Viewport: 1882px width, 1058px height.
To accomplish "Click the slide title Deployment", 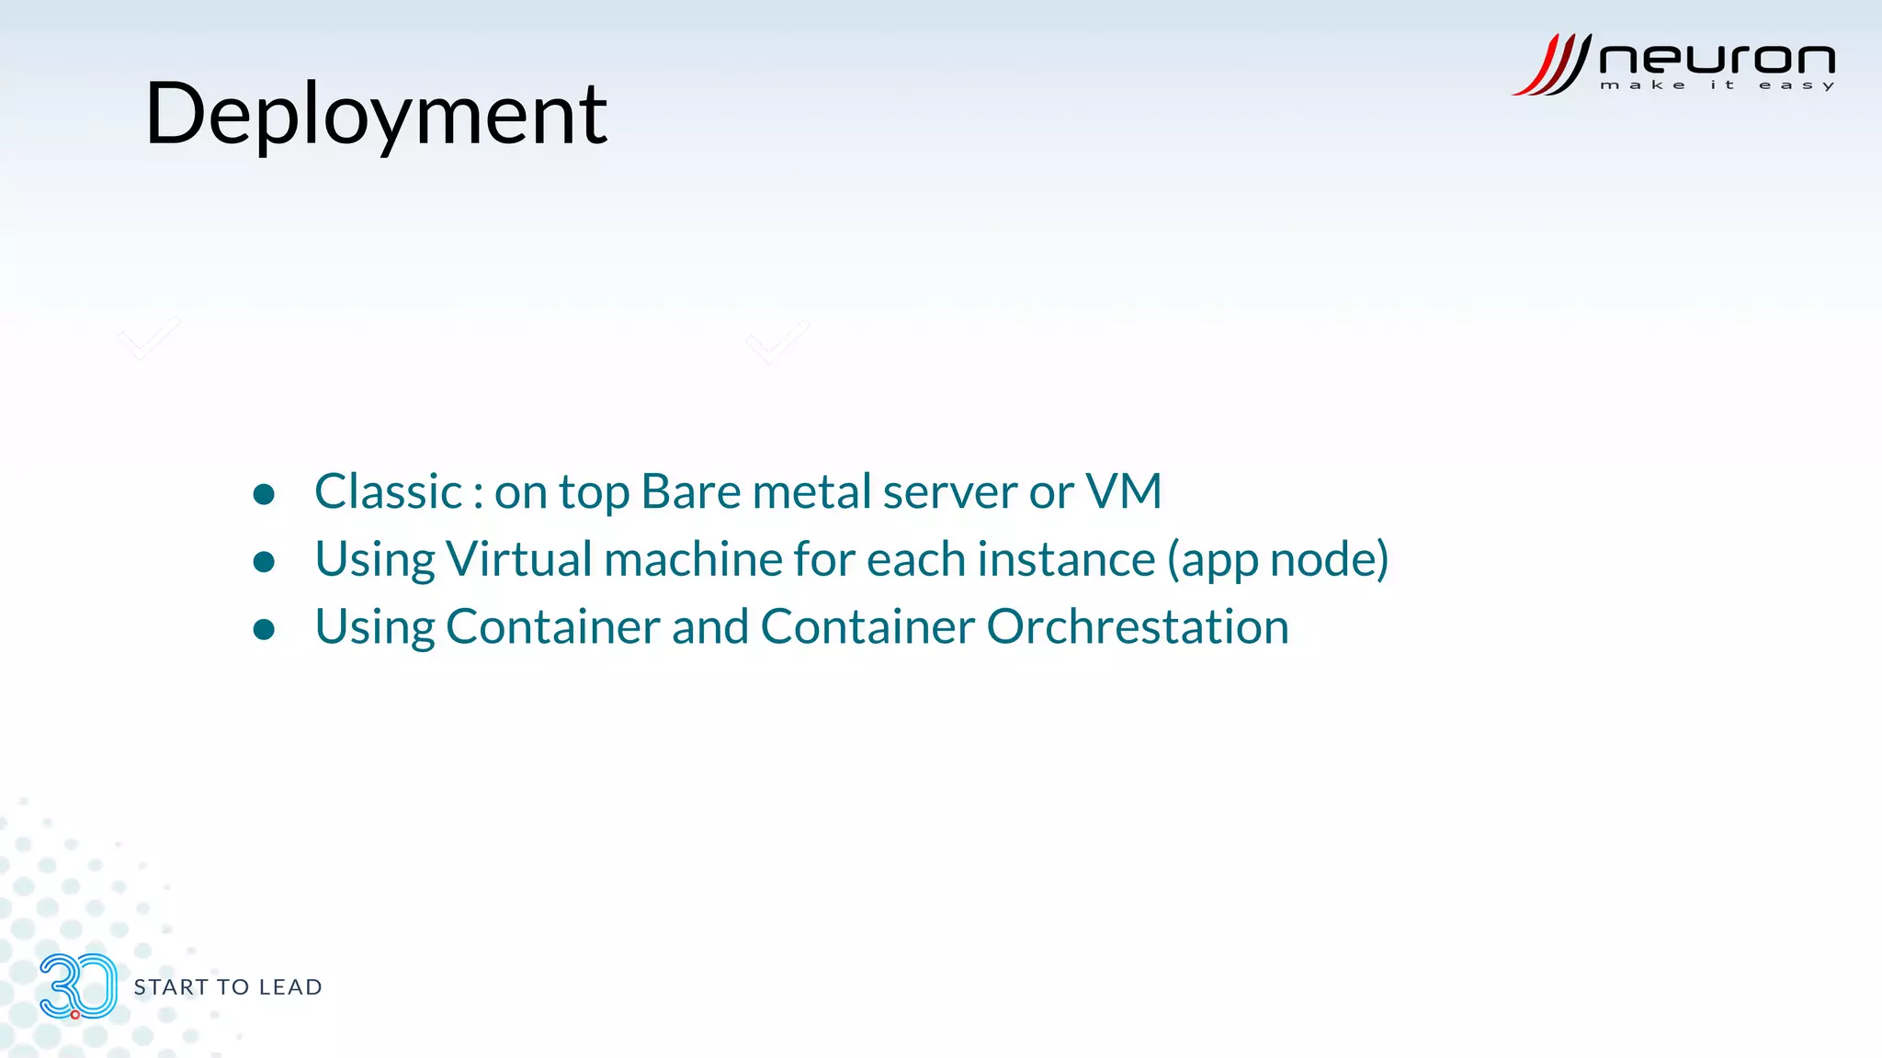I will coord(376,115).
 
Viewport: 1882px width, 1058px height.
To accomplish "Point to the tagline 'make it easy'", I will coord(1717,85).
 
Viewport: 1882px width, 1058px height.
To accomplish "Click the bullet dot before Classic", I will coord(264,495).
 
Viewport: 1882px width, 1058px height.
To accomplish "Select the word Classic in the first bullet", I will coord(388,491).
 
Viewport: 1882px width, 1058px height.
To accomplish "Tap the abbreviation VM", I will coord(1123,491).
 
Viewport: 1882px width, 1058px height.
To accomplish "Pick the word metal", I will coord(811,491).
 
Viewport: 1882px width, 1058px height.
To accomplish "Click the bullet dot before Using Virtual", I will coord(264,562).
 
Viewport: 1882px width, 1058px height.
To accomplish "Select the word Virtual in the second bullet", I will coord(519,559).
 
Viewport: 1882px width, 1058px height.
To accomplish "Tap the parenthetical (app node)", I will coord(1277,560).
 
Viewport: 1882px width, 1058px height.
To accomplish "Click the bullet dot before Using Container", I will coord(264,629).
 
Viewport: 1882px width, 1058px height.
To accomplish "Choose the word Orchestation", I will coord(1138,627).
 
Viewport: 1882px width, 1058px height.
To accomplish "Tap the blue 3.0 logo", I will coord(78,986).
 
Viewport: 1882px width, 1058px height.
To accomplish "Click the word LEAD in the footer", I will coord(290,987).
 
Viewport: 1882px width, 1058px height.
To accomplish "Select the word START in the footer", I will coord(171,987).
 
